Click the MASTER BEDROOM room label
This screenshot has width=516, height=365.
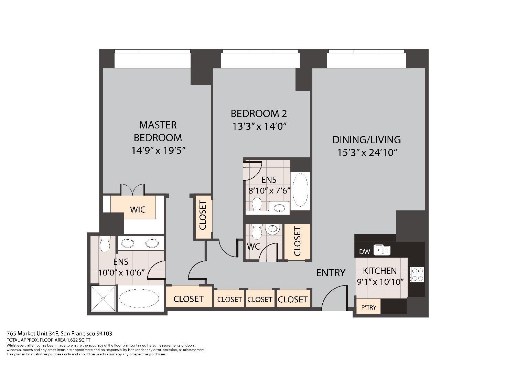(x=158, y=131)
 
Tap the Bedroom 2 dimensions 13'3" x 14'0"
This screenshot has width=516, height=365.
(x=259, y=126)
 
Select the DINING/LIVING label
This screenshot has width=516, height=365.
(x=366, y=139)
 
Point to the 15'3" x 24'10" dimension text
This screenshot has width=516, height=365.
(x=367, y=152)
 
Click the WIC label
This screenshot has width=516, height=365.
(x=138, y=209)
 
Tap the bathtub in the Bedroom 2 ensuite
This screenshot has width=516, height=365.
(x=300, y=190)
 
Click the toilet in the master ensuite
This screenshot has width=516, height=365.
(x=104, y=245)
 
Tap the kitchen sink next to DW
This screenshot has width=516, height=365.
(x=382, y=250)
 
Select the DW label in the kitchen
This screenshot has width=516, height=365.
(x=364, y=251)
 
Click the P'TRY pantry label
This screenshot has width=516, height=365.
(x=368, y=307)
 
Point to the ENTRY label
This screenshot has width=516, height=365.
(x=331, y=273)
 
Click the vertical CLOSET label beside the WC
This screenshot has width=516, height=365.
(x=297, y=241)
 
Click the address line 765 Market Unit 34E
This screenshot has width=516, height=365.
(x=60, y=333)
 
